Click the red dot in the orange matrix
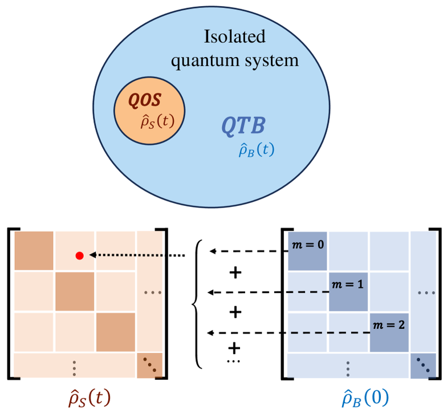(x=80, y=256)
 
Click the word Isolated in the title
(x=234, y=38)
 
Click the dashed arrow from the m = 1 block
(x=268, y=292)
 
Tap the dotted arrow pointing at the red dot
(x=137, y=256)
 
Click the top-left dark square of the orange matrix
(x=34, y=250)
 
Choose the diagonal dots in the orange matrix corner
(x=151, y=366)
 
